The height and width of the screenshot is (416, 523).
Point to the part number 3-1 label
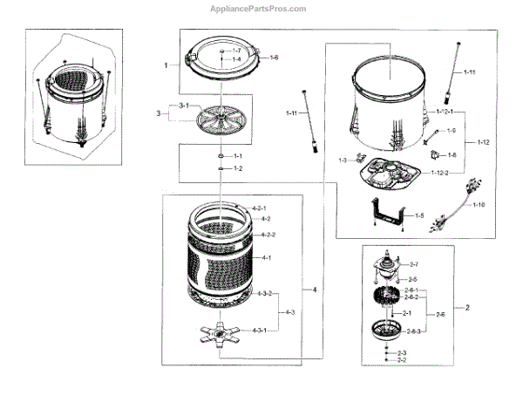(x=183, y=106)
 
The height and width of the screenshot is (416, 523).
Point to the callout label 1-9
(x=452, y=131)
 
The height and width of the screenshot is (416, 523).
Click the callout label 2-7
(x=413, y=264)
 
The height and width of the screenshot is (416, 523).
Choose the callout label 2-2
(x=402, y=359)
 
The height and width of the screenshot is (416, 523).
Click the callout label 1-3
(x=343, y=160)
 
